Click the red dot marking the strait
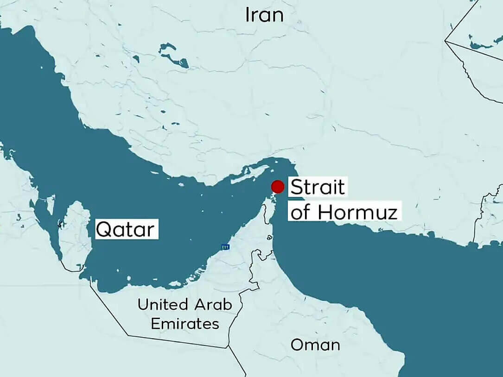click(278, 187)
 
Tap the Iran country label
click(264, 15)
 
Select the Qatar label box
click(127, 229)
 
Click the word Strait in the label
click(318, 188)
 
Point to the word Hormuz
click(357, 212)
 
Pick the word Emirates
click(185, 323)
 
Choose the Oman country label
click(315, 345)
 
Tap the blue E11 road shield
click(225, 247)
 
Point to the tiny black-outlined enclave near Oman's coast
click(269, 238)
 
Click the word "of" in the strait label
click(301, 212)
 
